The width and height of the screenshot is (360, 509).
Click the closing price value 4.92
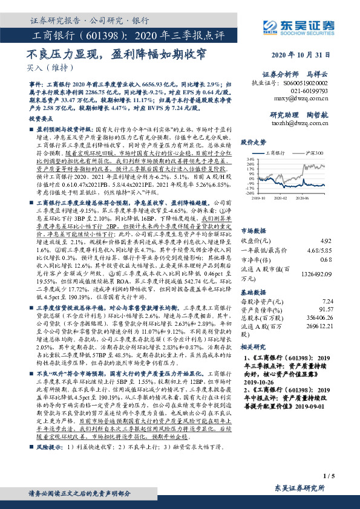point(327,224)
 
